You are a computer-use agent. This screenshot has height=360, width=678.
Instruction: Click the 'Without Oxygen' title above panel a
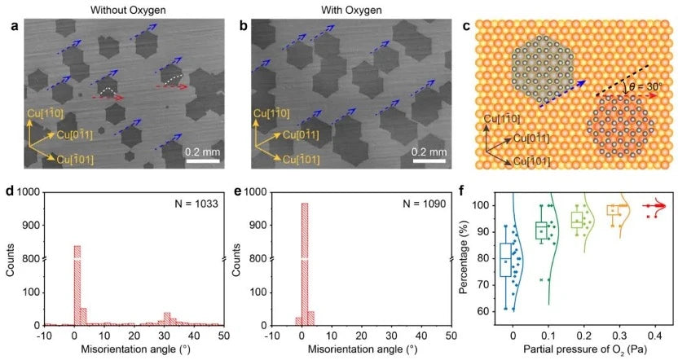tap(121, 11)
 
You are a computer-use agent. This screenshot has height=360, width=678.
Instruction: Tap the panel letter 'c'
tap(466, 26)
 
